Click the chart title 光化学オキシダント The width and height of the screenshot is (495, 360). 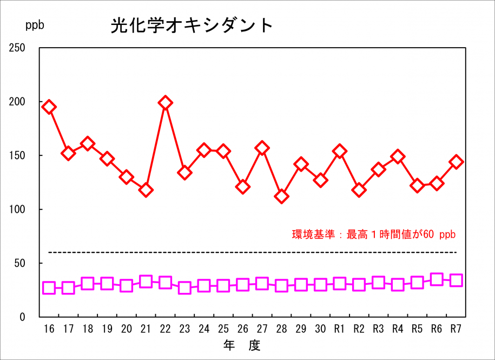coord(192,25)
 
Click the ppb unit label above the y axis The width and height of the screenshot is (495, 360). coord(35,25)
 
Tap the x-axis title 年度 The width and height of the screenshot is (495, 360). coord(242,345)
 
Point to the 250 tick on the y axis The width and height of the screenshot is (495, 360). coord(17,48)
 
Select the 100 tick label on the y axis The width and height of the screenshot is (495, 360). coord(17,210)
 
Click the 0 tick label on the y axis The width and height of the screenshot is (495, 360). coord(22,317)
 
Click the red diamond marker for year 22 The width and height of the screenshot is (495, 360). coord(166,102)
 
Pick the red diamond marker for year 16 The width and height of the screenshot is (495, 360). coord(49,107)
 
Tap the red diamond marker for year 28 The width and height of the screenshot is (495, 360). coord(282,196)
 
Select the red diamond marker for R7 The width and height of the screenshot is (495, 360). coord(456,162)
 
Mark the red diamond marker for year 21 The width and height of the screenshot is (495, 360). coord(146,189)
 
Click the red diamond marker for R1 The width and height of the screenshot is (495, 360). coord(340,151)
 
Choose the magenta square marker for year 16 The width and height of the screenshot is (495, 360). coord(49,287)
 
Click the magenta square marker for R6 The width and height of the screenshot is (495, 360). coord(437,279)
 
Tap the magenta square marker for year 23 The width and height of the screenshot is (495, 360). coord(184,287)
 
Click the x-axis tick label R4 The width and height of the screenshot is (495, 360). coord(398,329)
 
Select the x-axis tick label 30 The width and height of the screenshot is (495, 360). coord(320,329)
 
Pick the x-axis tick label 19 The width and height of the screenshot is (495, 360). coord(107,329)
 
